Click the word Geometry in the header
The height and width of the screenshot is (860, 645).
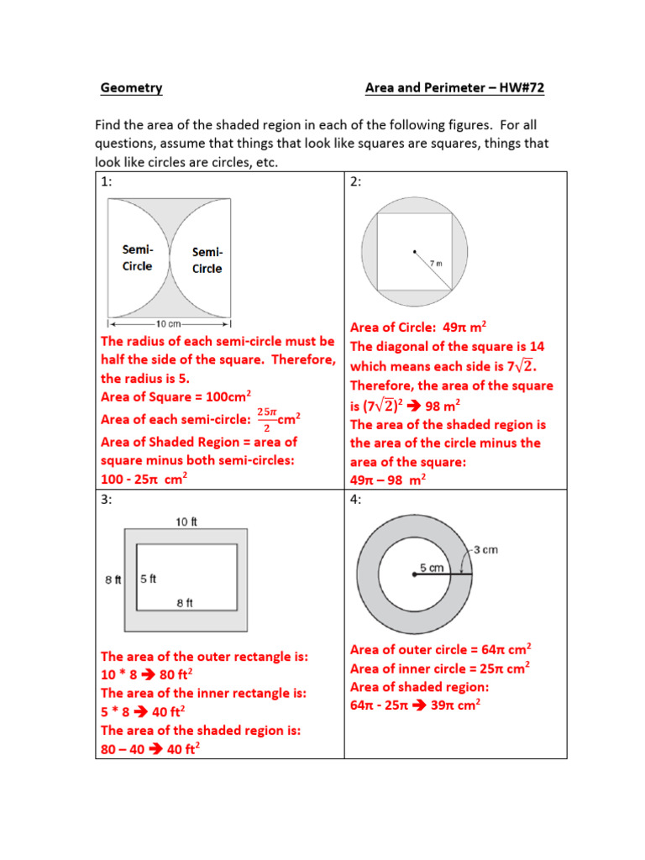click(131, 87)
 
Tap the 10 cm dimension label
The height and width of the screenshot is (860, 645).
click(168, 323)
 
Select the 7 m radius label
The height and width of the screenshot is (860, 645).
click(435, 263)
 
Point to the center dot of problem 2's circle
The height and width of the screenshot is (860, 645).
click(413, 251)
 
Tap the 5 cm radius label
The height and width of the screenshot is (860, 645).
click(432, 568)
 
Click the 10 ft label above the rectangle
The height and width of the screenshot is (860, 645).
click(186, 522)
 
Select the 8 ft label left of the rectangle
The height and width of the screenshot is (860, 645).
click(113, 579)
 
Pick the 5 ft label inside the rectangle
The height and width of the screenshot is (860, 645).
click(149, 579)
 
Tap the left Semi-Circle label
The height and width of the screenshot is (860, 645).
click(138, 258)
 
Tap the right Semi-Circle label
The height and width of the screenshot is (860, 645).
click(207, 260)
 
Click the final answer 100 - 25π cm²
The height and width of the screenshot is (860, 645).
click(144, 479)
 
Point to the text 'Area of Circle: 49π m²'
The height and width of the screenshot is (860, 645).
click(418, 328)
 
